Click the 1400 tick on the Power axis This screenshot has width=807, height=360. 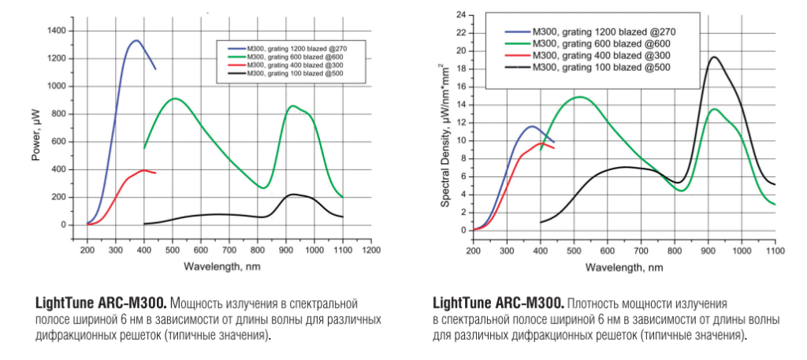[x=58, y=30]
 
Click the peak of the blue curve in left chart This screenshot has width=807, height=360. [x=136, y=40]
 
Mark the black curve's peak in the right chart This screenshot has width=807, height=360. [x=714, y=57]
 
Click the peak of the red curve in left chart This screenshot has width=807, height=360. [x=143, y=170]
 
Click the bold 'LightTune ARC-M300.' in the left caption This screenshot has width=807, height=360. [x=101, y=302]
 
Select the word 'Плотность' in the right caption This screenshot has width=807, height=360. [x=593, y=302]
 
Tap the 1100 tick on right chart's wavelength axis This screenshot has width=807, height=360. [x=775, y=250]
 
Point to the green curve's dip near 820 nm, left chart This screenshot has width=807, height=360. [x=264, y=188]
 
